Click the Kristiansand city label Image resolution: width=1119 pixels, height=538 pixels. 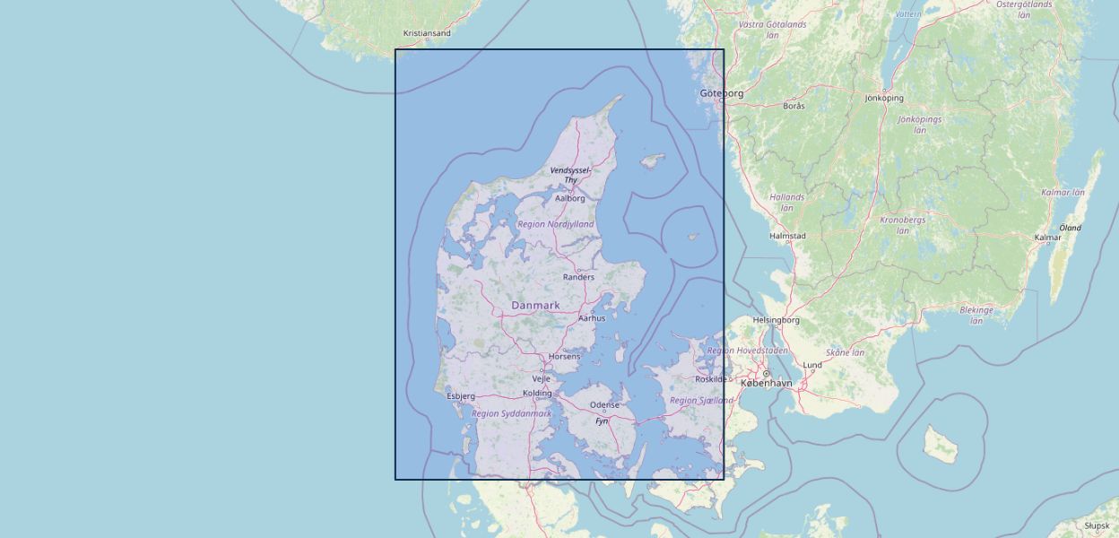(427, 33)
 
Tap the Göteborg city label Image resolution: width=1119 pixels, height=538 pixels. (722, 93)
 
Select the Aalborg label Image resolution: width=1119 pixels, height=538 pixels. (570, 198)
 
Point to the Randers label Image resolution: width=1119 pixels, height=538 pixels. (578, 277)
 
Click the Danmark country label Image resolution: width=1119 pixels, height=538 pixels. (535, 306)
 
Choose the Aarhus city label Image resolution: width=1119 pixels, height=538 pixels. (592, 318)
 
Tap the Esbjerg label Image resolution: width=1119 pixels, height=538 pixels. (461, 395)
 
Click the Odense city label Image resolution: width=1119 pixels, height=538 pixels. (604, 405)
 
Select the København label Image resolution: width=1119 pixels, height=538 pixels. (767, 383)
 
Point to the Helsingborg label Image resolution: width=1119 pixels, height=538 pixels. (776, 320)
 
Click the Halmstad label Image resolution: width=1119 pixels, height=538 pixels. (788, 237)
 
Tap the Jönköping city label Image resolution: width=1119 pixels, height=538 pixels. (884, 99)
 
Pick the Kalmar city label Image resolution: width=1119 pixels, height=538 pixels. (1047, 238)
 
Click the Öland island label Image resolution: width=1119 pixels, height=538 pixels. (1071, 228)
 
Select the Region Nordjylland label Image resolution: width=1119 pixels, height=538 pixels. (555, 224)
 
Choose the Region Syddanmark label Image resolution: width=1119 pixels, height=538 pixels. (511, 413)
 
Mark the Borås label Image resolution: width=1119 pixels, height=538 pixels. (794, 106)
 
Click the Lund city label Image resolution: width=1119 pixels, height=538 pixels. (812, 365)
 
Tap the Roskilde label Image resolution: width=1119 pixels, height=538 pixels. (711, 379)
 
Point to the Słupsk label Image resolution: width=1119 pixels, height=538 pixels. (1097, 526)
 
